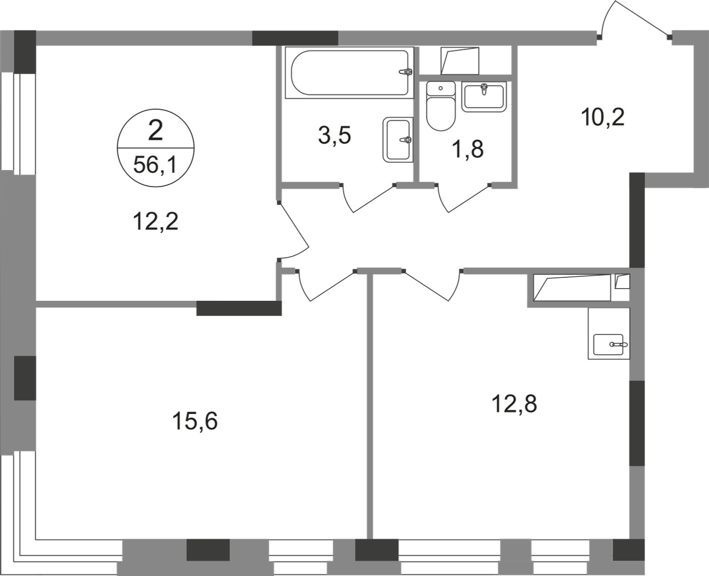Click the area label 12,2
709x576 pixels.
(x=156, y=222)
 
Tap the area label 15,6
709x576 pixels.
(x=195, y=421)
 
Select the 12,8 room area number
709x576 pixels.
(x=514, y=404)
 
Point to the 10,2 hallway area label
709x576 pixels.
(x=602, y=117)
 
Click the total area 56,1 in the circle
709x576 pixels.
(x=155, y=165)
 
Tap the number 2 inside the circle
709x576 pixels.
(x=156, y=130)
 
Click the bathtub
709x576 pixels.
(x=349, y=73)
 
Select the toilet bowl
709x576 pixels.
(x=441, y=106)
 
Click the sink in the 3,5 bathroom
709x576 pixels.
(x=398, y=140)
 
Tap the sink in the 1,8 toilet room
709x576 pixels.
(x=484, y=97)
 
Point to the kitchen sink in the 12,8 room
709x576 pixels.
(x=609, y=345)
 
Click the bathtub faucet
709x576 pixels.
(x=406, y=71)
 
